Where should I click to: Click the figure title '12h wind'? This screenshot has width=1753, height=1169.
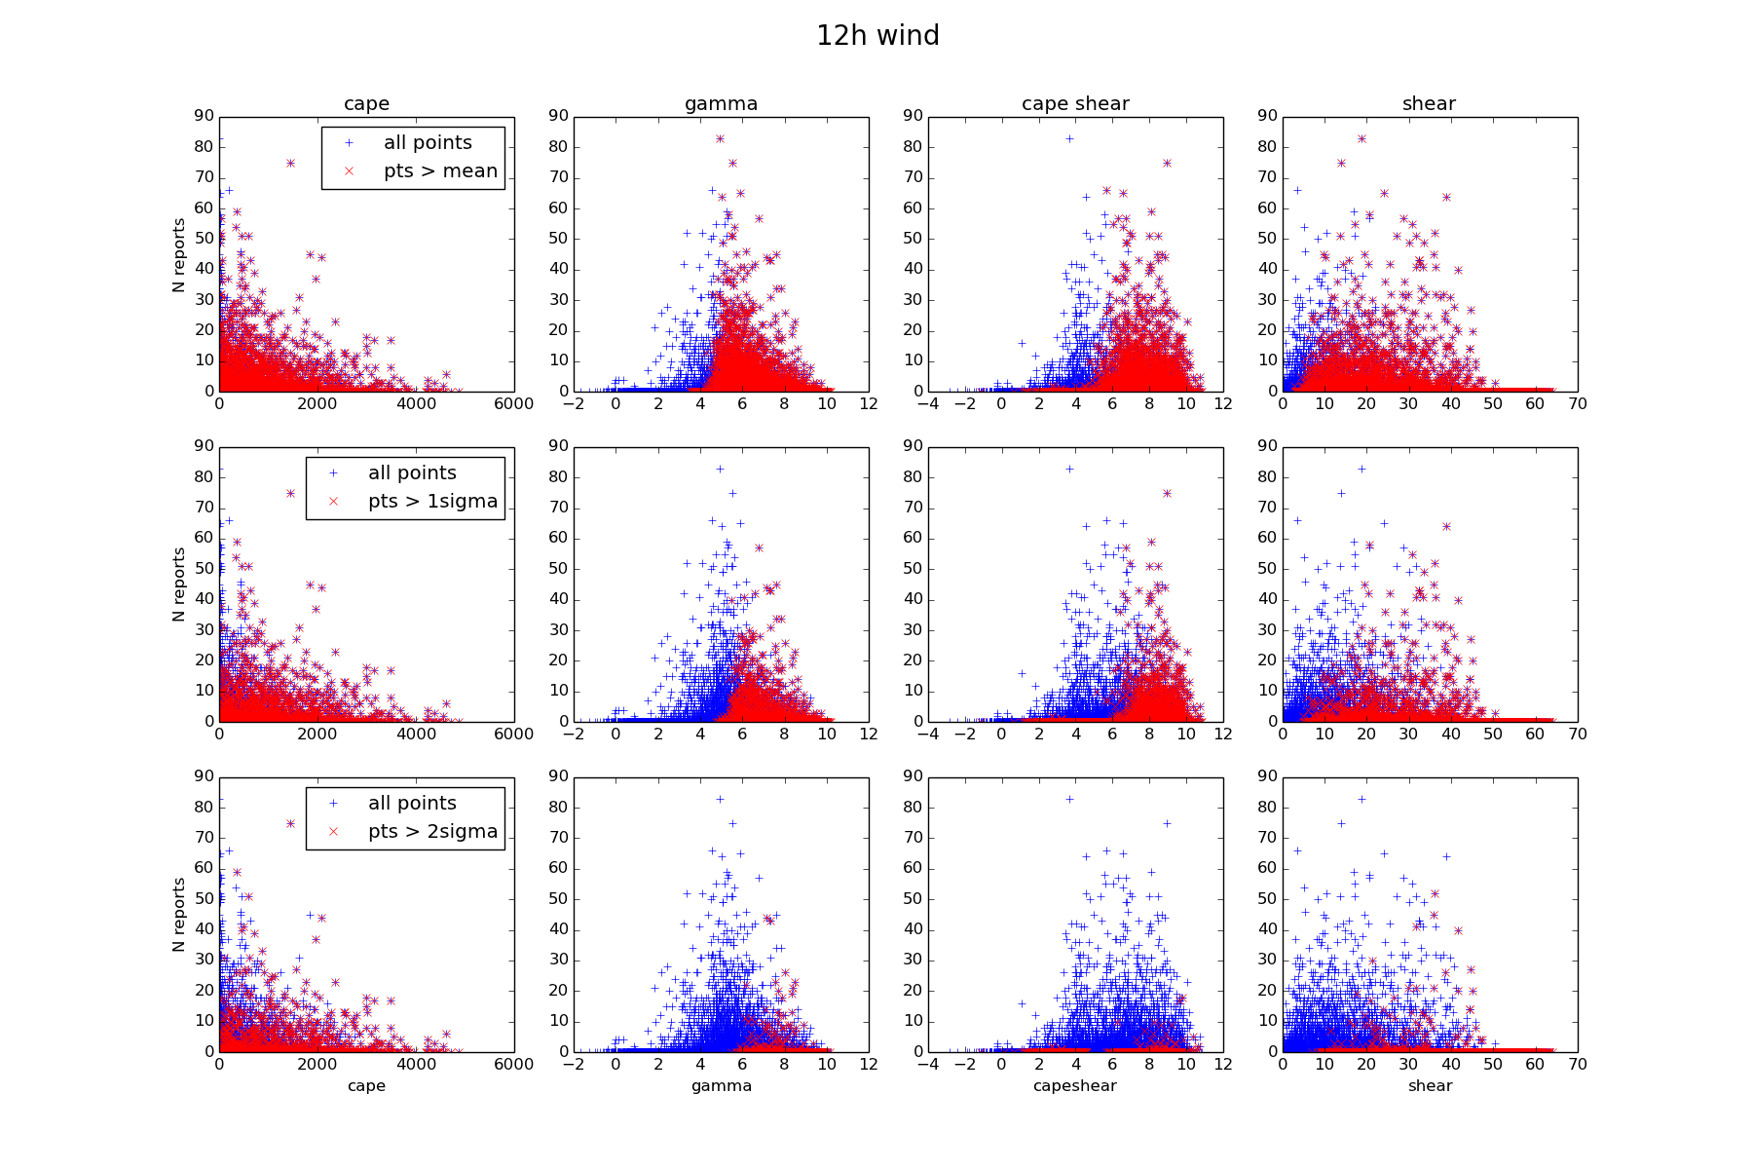point(877,36)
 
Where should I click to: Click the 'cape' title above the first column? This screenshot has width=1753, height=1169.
point(366,104)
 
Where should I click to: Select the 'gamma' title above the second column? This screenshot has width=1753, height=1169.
point(721,104)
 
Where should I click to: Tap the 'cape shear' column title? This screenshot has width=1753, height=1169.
point(1075,104)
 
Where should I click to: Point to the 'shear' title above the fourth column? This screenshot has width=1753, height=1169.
point(1429,104)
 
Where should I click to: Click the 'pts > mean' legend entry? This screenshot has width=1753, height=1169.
point(440,171)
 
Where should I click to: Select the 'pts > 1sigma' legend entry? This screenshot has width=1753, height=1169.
point(432,502)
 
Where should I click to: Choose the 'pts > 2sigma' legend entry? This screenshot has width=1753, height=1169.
point(432,832)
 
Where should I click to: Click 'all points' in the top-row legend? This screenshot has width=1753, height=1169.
point(428,143)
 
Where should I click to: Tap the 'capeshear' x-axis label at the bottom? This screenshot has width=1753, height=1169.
point(1075,1086)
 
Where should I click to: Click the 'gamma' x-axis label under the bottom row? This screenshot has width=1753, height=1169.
point(721,1086)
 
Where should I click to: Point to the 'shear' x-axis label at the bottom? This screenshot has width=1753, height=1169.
point(1430,1086)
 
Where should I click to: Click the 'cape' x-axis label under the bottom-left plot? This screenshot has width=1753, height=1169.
point(366,1086)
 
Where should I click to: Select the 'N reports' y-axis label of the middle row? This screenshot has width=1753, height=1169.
point(178,584)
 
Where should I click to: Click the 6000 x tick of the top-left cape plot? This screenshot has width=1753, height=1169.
point(513,404)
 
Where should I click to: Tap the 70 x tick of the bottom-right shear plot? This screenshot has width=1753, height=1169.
point(1578,1065)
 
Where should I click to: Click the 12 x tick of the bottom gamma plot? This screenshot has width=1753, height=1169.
point(869,1065)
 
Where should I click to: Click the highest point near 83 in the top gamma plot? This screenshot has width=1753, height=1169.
point(720,139)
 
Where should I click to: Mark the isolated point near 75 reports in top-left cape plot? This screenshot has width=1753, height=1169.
point(290,164)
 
